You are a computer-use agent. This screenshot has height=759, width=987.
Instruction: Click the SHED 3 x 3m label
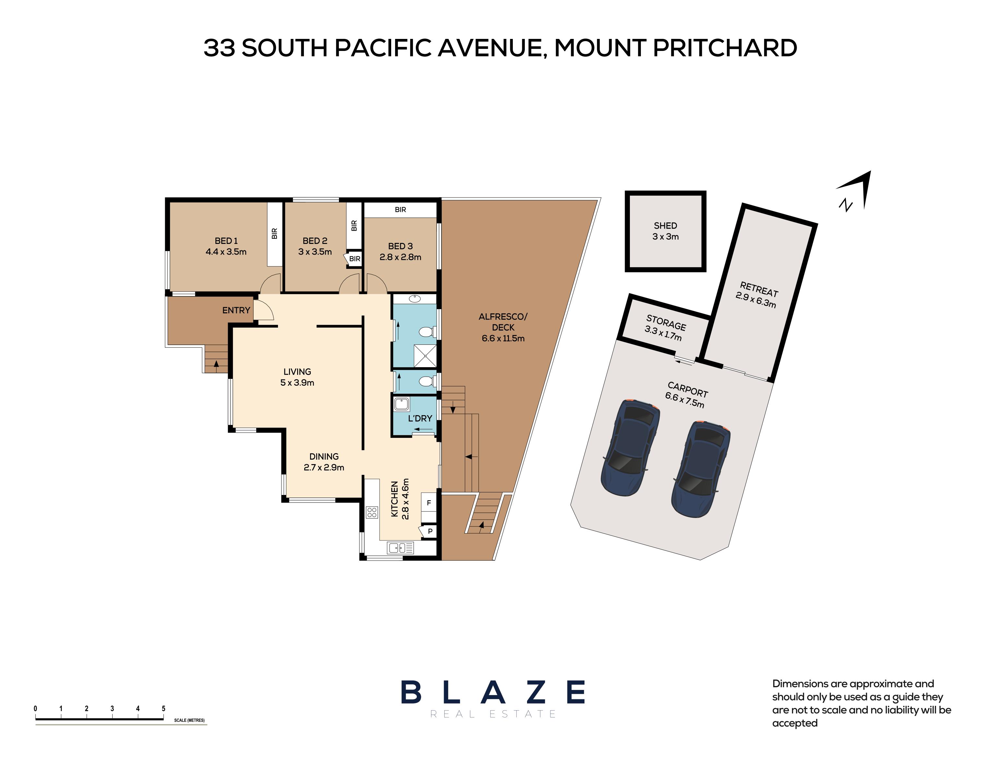tap(665, 231)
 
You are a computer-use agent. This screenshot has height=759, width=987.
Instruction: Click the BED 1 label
tap(226, 241)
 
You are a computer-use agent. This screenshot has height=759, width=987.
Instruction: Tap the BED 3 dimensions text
tap(400, 257)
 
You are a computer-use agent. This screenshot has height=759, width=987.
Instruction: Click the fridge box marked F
tap(429, 502)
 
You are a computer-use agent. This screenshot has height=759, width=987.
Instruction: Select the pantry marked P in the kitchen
tap(429, 531)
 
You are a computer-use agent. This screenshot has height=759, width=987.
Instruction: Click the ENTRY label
tap(236, 310)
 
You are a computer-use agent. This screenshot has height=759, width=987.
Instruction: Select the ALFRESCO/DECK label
tap(503, 327)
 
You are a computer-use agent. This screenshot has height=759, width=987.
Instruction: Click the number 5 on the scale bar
tap(163, 708)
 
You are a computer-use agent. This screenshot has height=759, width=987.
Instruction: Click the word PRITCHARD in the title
tap(725, 48)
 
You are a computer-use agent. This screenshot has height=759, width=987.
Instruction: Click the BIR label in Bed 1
tap(274, 234)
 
